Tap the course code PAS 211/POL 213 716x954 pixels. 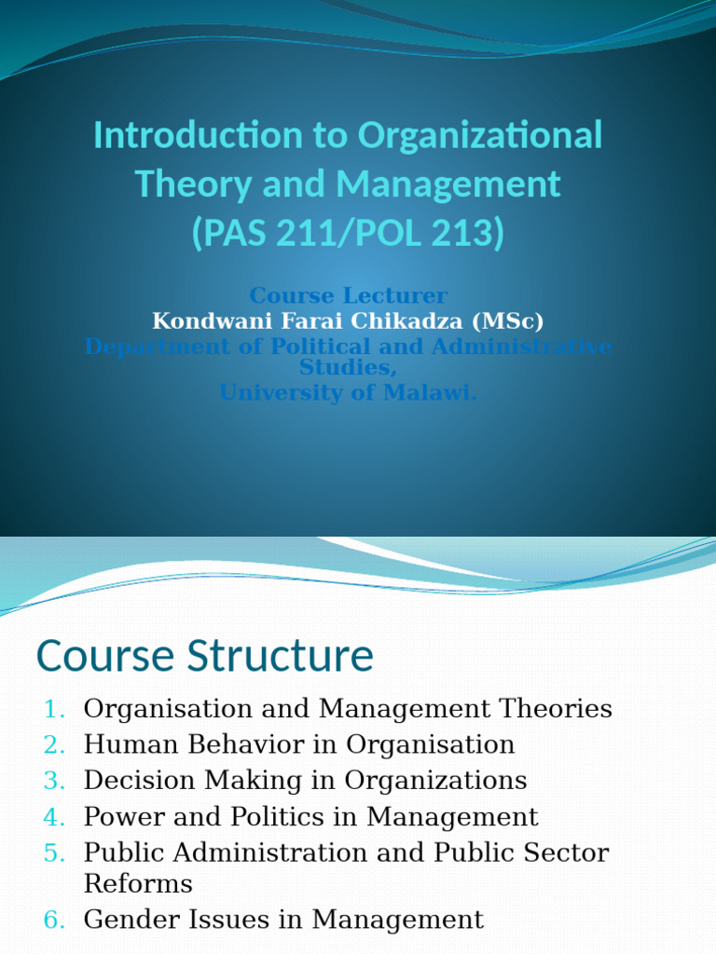point(348,232)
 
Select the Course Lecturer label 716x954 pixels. point(348,296)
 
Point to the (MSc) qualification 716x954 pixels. point(509,321)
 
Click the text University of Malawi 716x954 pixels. point(348,393)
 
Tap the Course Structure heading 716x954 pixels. point(204,657)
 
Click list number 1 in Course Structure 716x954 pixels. point(54,710)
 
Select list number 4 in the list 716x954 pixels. point(54,818)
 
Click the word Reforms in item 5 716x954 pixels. point(138,883)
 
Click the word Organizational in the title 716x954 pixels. point(480,136)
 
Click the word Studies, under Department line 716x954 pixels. point(348,369)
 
